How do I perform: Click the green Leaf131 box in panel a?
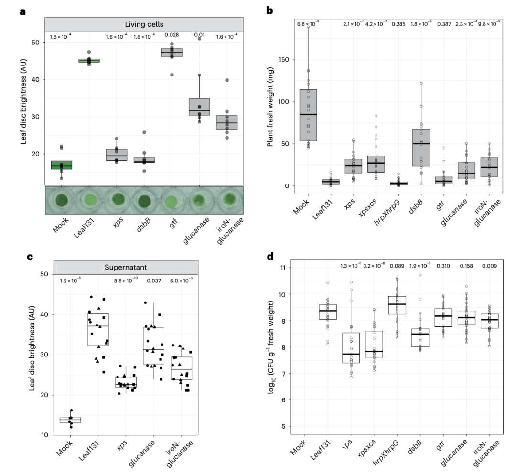coord(89,61)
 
